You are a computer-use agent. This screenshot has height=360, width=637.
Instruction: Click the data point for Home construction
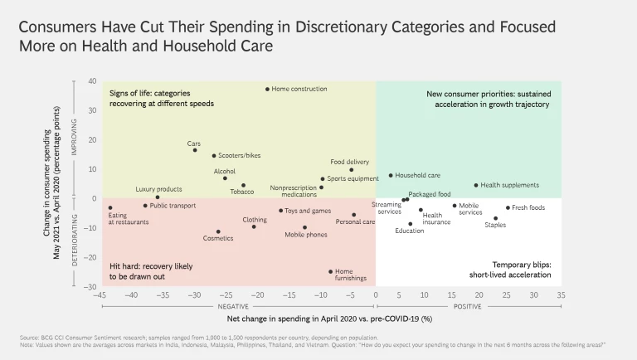pos(267,89)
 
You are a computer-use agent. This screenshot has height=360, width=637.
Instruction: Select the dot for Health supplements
pos(476,185)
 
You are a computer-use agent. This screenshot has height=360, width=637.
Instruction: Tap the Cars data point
pos(195,150)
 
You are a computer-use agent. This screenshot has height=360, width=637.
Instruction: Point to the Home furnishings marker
pos(331,271)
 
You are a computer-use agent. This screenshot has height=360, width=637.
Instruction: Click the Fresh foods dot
pos(508,207)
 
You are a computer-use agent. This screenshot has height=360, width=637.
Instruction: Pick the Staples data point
pos(496,218)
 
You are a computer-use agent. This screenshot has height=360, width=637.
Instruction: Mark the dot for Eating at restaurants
pos(110,208)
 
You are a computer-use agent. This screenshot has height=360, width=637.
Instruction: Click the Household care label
pos(417,175)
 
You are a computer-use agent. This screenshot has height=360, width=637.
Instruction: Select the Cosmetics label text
pos(218,238)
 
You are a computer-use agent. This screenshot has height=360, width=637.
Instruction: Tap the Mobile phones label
pos(305,235)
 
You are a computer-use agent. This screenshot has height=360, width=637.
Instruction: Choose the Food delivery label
pos(350,162)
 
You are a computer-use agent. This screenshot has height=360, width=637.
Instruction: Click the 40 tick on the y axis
pos(93,81)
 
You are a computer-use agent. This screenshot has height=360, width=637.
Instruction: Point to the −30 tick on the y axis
pos(91,287)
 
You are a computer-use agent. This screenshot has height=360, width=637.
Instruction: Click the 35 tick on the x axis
pos(561,295)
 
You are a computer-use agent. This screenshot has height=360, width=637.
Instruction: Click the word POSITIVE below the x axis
pos(469,305)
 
